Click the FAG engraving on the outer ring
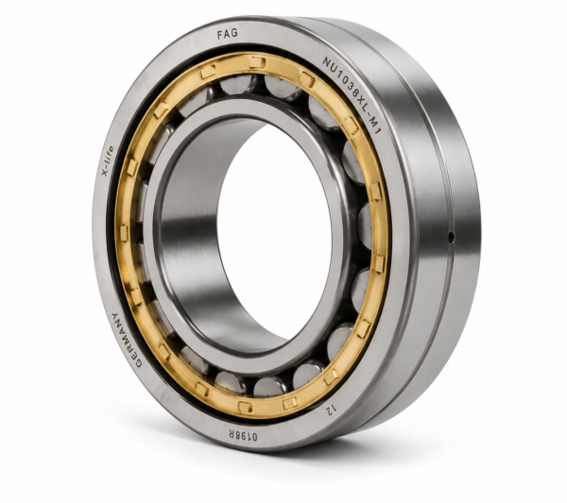point(228,34)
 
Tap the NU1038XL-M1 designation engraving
point(352,95)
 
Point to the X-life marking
point(108,160)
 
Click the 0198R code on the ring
point(242,434)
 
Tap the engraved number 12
point(331,409)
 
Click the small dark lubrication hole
point(452,237)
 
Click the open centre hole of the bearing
point(274,232)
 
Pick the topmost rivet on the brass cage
point(257,61)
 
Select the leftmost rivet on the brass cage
point(124,233)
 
